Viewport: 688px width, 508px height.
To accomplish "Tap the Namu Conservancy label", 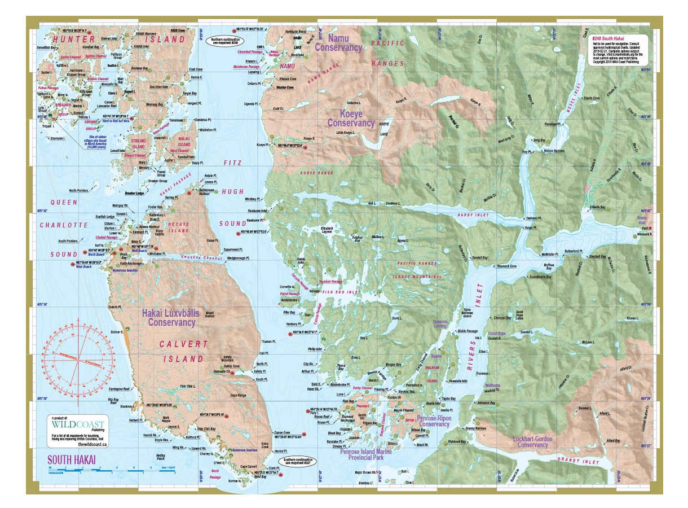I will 338,43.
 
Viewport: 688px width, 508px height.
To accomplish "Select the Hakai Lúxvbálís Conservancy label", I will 171,318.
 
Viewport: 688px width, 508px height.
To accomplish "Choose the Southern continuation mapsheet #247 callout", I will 298,462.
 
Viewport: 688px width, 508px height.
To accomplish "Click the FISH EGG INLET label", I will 341,292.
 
